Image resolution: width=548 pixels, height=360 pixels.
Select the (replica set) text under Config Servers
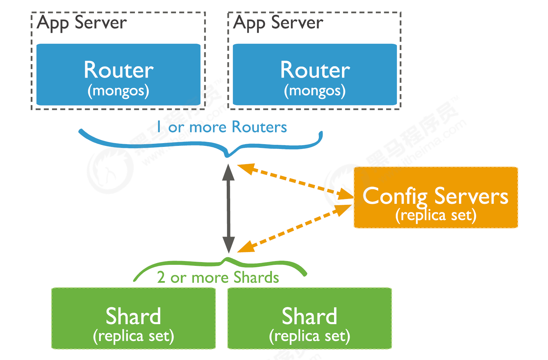click(x=436, y=216)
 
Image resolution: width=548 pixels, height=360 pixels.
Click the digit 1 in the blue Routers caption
click(x=159, y=127)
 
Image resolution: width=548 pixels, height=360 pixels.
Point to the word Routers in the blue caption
click(x=259, y=127)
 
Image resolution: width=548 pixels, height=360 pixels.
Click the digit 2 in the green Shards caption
click(x=161, y=278)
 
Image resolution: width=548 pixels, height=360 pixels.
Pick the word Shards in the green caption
click(x=256, y=278)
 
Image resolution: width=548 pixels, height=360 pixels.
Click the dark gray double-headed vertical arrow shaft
click(x=228, y=209)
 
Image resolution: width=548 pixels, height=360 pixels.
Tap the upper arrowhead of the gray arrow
click(x=228, y=172)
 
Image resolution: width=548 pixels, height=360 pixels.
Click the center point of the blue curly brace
click(x=227, y=154)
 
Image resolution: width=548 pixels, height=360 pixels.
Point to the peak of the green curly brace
click(x=228, y=259)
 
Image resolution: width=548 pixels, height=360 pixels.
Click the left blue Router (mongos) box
click(x=118, y=74)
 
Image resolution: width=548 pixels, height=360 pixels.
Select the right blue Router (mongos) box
click(x=315, y=74)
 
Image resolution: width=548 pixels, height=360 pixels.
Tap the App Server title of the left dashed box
click(x=82, y=23)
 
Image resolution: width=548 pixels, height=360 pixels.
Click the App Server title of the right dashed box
click(x=278, y=23)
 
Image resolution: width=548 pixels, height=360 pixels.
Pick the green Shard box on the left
click(x=134, y=318)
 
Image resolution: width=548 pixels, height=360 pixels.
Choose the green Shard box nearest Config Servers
click(x=310, y=318)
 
